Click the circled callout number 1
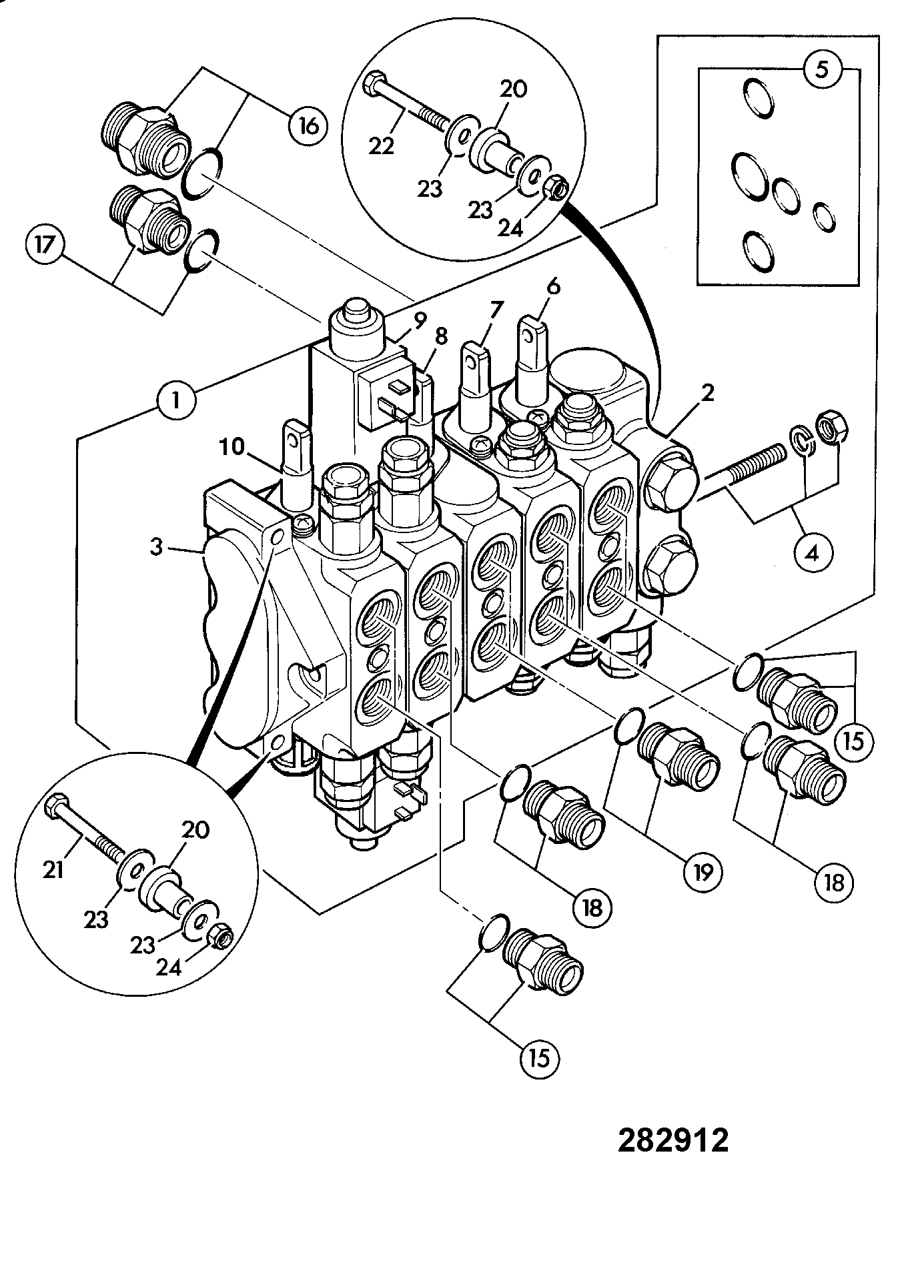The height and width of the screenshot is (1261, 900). pyautogui.click(x=176, y=402)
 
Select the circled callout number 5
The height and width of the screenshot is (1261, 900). pyautogui.click(x=822, y=70)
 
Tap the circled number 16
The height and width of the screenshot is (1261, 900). pyautogui.click(x=308, y=125)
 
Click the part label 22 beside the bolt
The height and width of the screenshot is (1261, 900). pyautogui.click(x=382, y=146)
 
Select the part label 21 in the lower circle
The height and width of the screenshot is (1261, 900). pyautogui.click(x=53, y=869)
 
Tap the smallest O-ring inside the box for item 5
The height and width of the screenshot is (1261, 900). pyautogui.click(x=825, y=218)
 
